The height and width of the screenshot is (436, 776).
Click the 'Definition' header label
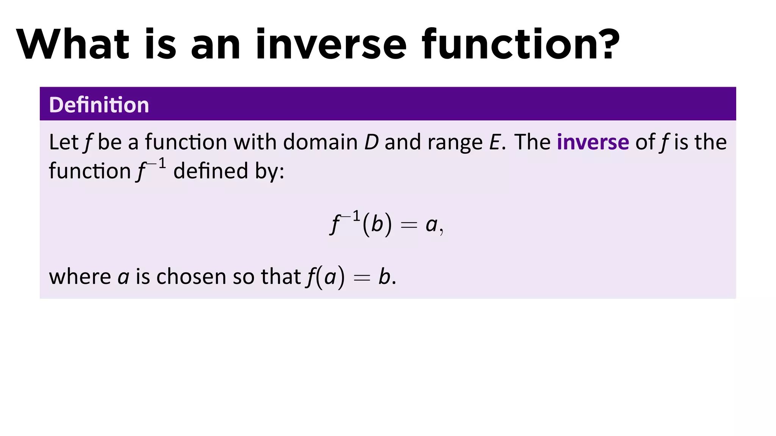[99, 105]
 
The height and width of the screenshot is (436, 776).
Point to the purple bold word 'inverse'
[593, 142]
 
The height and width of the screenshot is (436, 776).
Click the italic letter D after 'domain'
[371, 142]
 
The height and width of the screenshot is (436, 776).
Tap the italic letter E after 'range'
[494, 142]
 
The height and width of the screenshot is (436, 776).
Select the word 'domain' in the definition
[320, 142]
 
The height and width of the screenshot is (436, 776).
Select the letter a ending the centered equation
[431, 225]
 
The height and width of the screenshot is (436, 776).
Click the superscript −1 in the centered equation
[350, 217]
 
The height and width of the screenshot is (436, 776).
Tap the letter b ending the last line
[384, 277]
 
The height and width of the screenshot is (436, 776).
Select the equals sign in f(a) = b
[361, 278]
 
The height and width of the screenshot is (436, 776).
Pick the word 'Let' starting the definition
[63, 142]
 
